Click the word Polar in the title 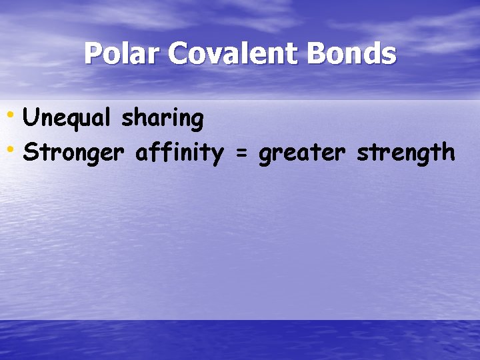[x=122, y=54]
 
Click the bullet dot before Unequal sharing [x=10, y=114]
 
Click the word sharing [x=162, y=119]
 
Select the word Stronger [x=73, y=153]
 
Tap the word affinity [x=179, y=153]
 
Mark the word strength [x=405, y=153]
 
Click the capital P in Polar [x=93, y=54]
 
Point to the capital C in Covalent [x=178, y=54]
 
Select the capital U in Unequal [x=29, y=119]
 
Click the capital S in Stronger [x=29, y=153]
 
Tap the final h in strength [x=447, y=153]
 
